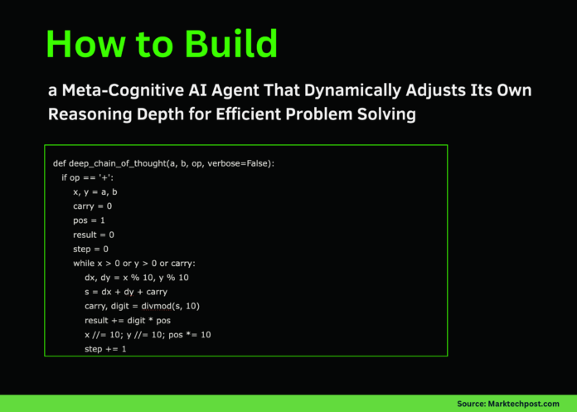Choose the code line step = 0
pos(91,249)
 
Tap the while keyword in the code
pos(85,263)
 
